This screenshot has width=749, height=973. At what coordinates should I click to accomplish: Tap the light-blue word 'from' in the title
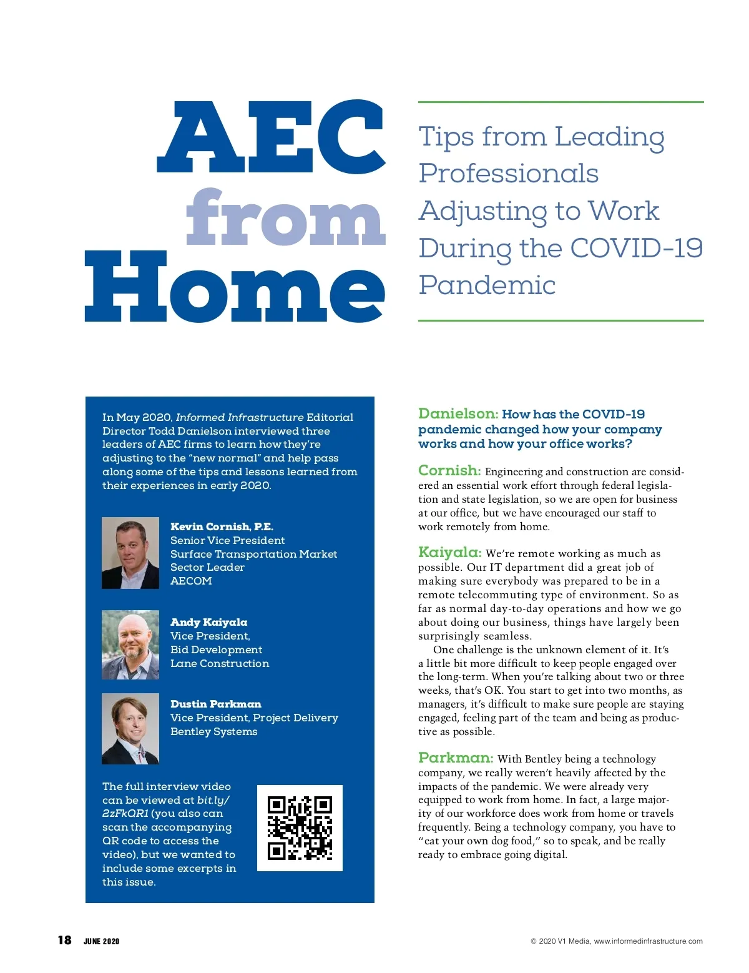[285, 218]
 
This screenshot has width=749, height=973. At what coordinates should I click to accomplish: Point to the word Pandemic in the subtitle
[487, 285]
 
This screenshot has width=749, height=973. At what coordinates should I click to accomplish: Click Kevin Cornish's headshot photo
[130, 553]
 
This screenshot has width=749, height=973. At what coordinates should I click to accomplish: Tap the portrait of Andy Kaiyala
[130, 645]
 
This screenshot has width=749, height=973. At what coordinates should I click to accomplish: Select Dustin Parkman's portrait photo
[130, 728]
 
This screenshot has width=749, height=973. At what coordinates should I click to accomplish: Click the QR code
[300, 827]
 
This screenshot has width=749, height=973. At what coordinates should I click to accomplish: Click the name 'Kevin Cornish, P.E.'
[222, 526]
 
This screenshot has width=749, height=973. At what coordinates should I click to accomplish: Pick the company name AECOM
[191, 581]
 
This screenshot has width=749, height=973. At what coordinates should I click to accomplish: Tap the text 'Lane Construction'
[220, 663]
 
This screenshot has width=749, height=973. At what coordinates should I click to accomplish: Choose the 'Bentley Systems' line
[213, 731]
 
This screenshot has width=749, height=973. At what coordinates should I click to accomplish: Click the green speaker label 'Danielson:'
[458, 413]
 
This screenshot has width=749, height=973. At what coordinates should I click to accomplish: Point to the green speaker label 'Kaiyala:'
[449, 552]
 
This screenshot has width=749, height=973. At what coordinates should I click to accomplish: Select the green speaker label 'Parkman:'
[456, 758]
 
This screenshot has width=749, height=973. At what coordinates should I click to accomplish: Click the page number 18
[64, 940]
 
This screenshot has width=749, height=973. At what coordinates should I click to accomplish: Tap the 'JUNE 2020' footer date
[101, 941]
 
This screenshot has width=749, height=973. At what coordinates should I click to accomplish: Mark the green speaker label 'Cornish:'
[449, 470]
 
